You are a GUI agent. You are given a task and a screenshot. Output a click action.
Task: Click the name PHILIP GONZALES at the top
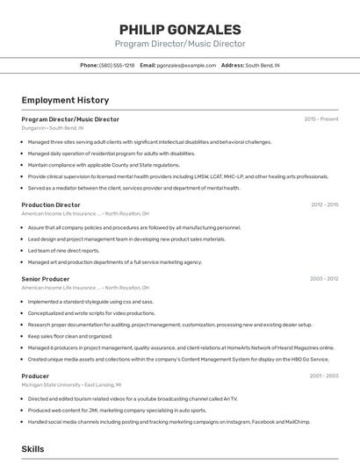(x=180, y=29)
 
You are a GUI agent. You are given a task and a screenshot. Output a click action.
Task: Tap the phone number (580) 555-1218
(x=117, y=65)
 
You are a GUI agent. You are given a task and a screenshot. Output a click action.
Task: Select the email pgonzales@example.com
(x=186, y=65)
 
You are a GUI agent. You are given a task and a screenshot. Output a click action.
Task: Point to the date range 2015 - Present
(x=321, y=118)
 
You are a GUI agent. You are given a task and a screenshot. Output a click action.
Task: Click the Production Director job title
(x=51, y=204)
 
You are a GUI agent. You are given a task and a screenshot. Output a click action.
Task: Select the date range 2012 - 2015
(x=324, y=204)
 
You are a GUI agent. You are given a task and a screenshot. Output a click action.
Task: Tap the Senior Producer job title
(x=45, y=279)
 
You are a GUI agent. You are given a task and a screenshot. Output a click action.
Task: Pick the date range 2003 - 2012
(x=324, y=279)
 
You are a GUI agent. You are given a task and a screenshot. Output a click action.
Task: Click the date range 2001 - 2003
(x=324, y=376)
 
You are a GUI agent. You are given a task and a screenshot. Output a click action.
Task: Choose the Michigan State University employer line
(x=71, y=384)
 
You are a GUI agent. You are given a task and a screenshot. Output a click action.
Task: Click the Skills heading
(x=32, y=448)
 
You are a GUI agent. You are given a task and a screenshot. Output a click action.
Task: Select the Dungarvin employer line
(x=53, y=127)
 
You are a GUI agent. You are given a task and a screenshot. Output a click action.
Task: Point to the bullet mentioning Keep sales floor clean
(x=70, y=335)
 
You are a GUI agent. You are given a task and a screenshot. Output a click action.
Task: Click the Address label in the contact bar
(x=232, y=65)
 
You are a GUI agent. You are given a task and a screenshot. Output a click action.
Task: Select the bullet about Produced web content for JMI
(x=117, y=410)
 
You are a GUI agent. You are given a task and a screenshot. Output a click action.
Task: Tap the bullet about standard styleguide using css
(x=90, y=301)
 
